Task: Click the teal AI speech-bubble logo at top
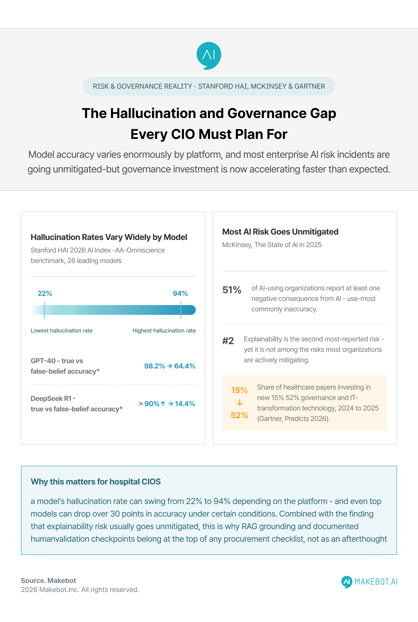pos(209,56)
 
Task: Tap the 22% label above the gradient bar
pos(45,293)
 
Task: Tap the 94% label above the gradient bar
pos(180,293)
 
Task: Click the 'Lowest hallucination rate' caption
pos(62,331)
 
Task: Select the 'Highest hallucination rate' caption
pos(164,331)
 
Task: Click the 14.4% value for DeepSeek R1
pos(185,403)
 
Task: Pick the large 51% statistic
pos(232,290)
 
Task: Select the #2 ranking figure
pos(228,341)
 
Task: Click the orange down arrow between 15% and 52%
pos(239,403)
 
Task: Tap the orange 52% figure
pos(239,415)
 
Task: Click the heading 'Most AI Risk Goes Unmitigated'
pos(280,232)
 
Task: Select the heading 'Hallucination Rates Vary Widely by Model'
pos(109,237)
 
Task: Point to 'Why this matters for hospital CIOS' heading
pos(96,481)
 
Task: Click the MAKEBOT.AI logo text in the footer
pos(376,582)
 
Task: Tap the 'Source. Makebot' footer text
pos(49,581)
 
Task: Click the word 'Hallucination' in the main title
pos(153,113)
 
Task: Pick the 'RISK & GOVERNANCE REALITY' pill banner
pos(209,86)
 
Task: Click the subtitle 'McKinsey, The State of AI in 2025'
pos(272,245)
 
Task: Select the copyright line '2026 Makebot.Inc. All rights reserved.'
pos(80,590)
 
